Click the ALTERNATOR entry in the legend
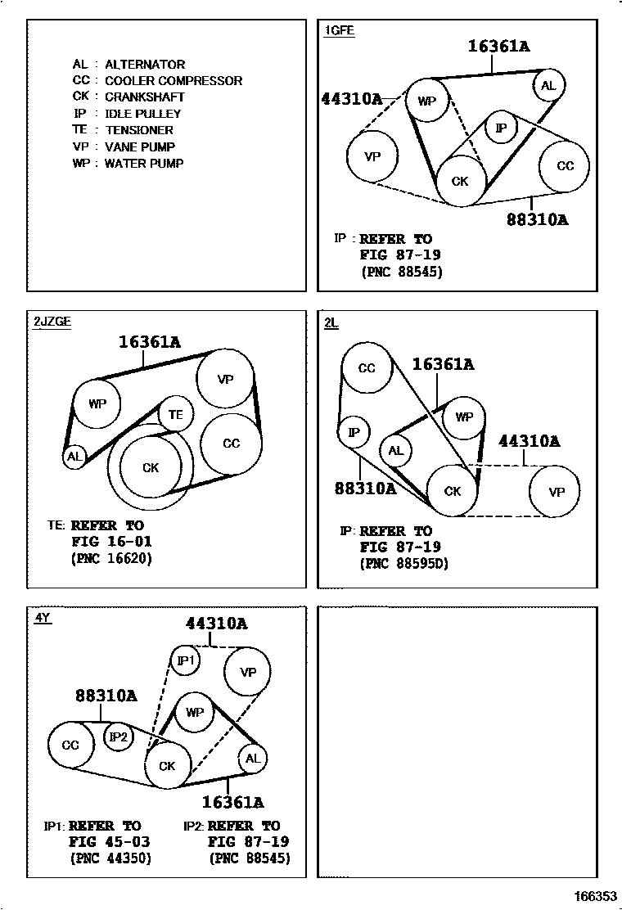pos(144,64)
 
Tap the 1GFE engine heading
pos(339,31)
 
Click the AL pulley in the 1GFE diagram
pos(548,85)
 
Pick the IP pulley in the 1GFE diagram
pos(501,128)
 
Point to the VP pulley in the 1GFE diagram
pos(372,155)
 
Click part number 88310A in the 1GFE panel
pos(537,219)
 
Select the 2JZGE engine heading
pos(52,322)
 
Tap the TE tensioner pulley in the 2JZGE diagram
pos(175,415)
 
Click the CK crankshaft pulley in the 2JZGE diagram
pos(151,468)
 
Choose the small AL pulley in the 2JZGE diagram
pos(74,457)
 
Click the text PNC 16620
pos(112,559)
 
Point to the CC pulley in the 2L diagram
pos(367,368)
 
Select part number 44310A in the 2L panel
pos(529,441)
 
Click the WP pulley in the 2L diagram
pos(464,417)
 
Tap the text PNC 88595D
pos(404,564)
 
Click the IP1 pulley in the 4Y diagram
pos(185,660)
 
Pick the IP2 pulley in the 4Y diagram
pos(119,737)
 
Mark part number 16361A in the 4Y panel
pos(232,803)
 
